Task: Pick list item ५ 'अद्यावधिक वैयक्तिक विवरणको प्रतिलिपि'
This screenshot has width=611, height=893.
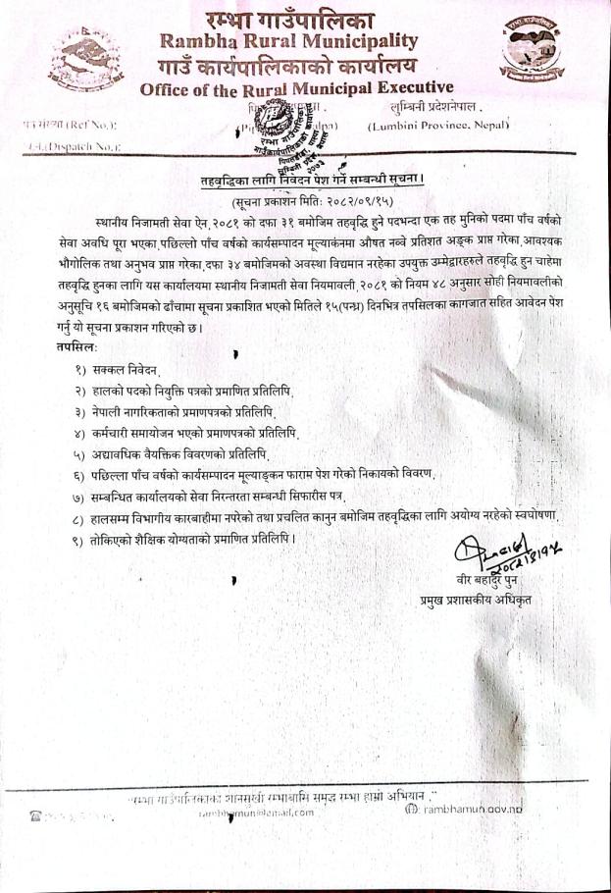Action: point(171,453)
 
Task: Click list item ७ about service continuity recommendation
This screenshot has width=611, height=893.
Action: point(226,496)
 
